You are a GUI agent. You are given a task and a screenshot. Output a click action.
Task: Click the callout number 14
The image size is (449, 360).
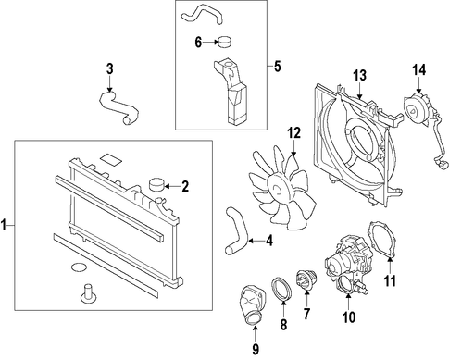(x=419, y=70)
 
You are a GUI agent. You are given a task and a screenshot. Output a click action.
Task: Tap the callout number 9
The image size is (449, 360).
(x=256, y=349)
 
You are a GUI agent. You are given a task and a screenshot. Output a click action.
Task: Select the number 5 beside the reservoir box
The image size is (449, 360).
(x=278, y=67)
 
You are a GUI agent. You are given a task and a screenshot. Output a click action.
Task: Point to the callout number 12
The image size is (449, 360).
(x=293, y=133)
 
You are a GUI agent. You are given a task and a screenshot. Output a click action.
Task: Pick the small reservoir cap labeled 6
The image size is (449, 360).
(x=225, y=43)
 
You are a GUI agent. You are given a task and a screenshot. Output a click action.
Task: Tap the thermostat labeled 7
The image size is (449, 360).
(x=306, y=280)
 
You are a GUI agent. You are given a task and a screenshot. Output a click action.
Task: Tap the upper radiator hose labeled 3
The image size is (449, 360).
(x=118, y=108)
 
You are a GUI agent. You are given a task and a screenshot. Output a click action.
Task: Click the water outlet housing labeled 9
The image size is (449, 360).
(x=252, y=305)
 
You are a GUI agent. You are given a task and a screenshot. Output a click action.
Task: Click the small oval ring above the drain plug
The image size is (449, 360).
(x=78, y=267)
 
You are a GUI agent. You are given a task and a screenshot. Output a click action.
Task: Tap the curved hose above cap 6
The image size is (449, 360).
(x=202, y=15)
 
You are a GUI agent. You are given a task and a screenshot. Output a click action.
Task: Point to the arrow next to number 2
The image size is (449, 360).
(x=172, y=186)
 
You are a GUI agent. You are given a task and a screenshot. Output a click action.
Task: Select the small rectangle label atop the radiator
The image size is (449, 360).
(x=111, y=159)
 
